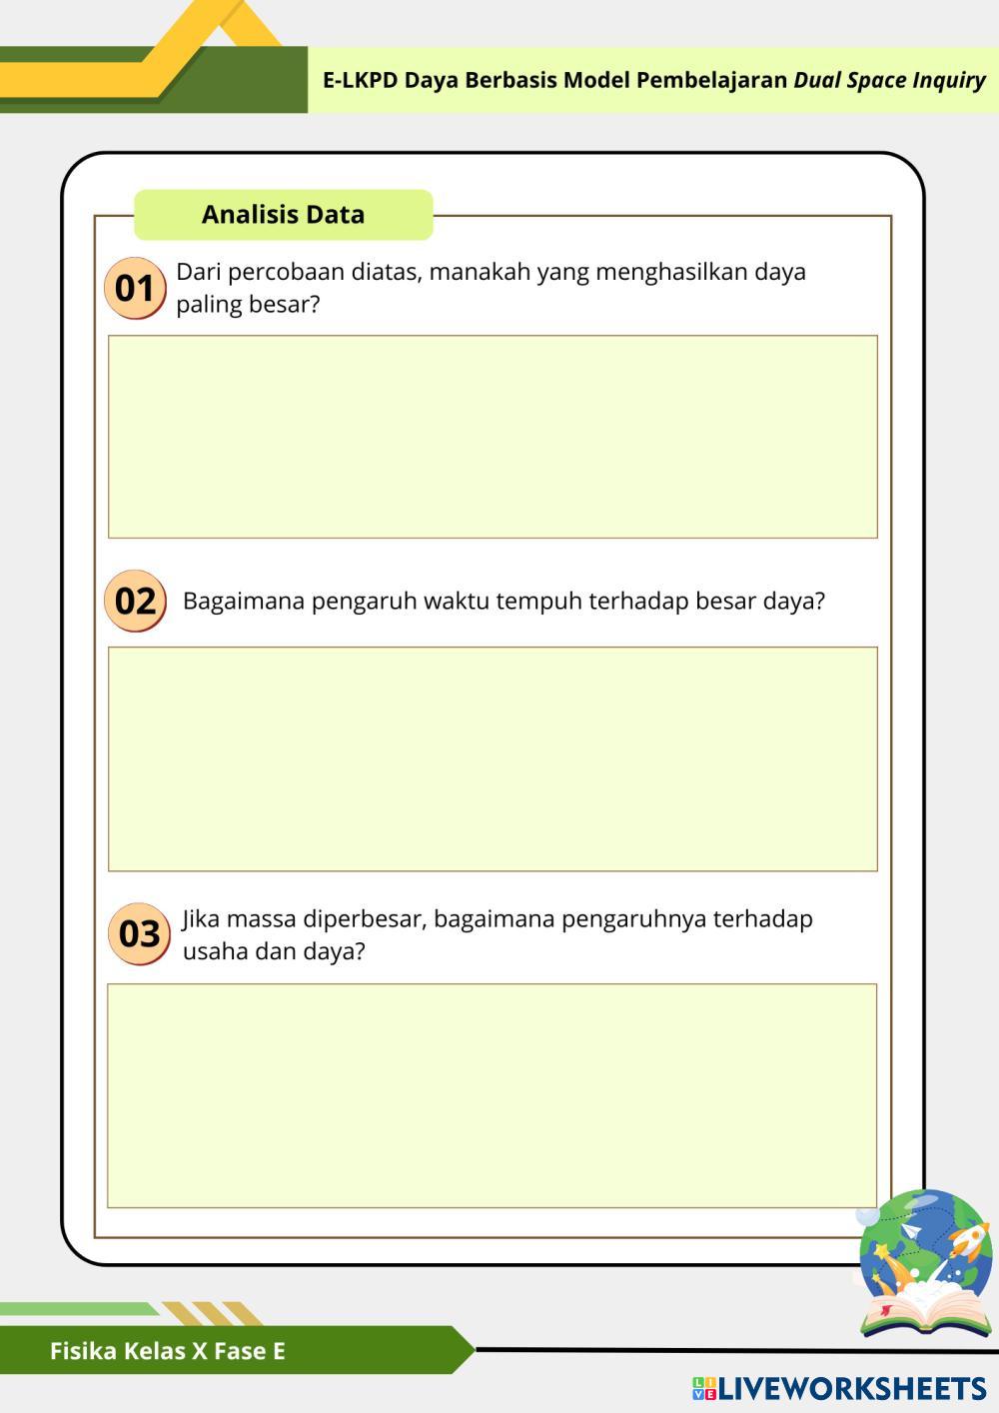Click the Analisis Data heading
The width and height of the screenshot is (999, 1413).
283,215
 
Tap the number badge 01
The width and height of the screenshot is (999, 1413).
135,289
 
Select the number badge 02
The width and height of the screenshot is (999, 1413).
135,601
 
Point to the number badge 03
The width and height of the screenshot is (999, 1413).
139,933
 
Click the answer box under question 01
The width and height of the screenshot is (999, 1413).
493,437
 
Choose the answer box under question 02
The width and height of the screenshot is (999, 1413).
493,758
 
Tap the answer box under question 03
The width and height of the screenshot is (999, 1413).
492,1095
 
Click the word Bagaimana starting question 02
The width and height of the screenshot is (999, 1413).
243,601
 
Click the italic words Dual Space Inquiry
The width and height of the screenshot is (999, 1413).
889,80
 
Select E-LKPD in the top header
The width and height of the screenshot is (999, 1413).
360,80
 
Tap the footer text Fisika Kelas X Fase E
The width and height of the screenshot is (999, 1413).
168,1351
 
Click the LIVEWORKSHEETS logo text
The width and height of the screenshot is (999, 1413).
852,1388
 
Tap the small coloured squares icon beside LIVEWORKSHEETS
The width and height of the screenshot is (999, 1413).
704,1388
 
